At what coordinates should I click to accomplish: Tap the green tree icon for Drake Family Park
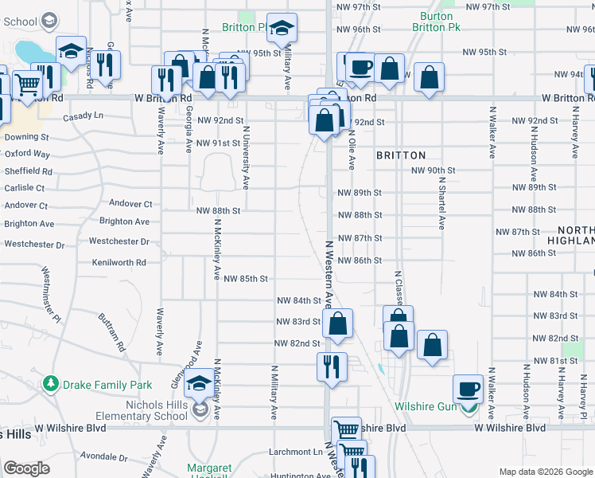52,385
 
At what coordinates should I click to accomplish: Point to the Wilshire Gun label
426,406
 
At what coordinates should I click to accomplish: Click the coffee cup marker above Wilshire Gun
469,390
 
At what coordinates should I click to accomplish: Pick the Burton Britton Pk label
437,22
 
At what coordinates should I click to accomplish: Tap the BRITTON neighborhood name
401,155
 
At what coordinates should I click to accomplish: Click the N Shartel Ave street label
441,202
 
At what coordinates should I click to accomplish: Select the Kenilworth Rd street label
119,262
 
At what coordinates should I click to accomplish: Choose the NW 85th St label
246,279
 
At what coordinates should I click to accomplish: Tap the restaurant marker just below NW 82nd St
331,367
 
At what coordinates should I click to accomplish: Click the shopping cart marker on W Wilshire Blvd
346,431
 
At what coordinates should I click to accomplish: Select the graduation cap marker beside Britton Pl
282,29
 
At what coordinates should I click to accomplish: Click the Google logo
27,469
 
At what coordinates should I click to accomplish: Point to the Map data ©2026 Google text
545,472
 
